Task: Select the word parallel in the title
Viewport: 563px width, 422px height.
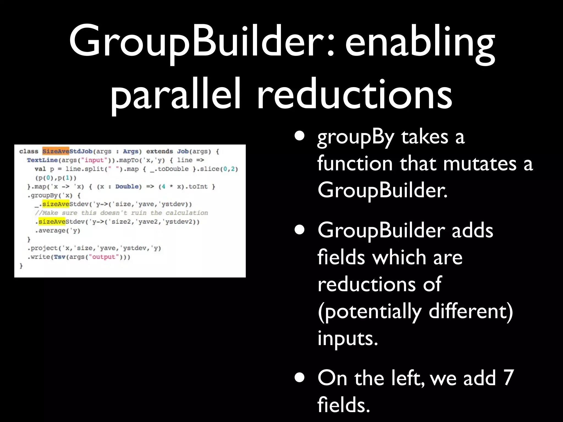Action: coord(176,95)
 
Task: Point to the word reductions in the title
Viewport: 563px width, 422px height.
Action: coord(354,95)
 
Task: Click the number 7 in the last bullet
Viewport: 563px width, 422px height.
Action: coord(508,378)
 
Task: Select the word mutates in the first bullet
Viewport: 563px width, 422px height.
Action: coord(480,164)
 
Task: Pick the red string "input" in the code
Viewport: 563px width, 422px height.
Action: coord(94,160)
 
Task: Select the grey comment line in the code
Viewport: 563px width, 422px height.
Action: coord(121,213)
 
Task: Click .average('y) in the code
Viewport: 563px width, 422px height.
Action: coord(57,231)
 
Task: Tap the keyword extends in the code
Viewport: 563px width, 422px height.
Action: coord(159,151)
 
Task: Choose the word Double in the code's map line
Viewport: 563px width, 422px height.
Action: coord(127,187)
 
